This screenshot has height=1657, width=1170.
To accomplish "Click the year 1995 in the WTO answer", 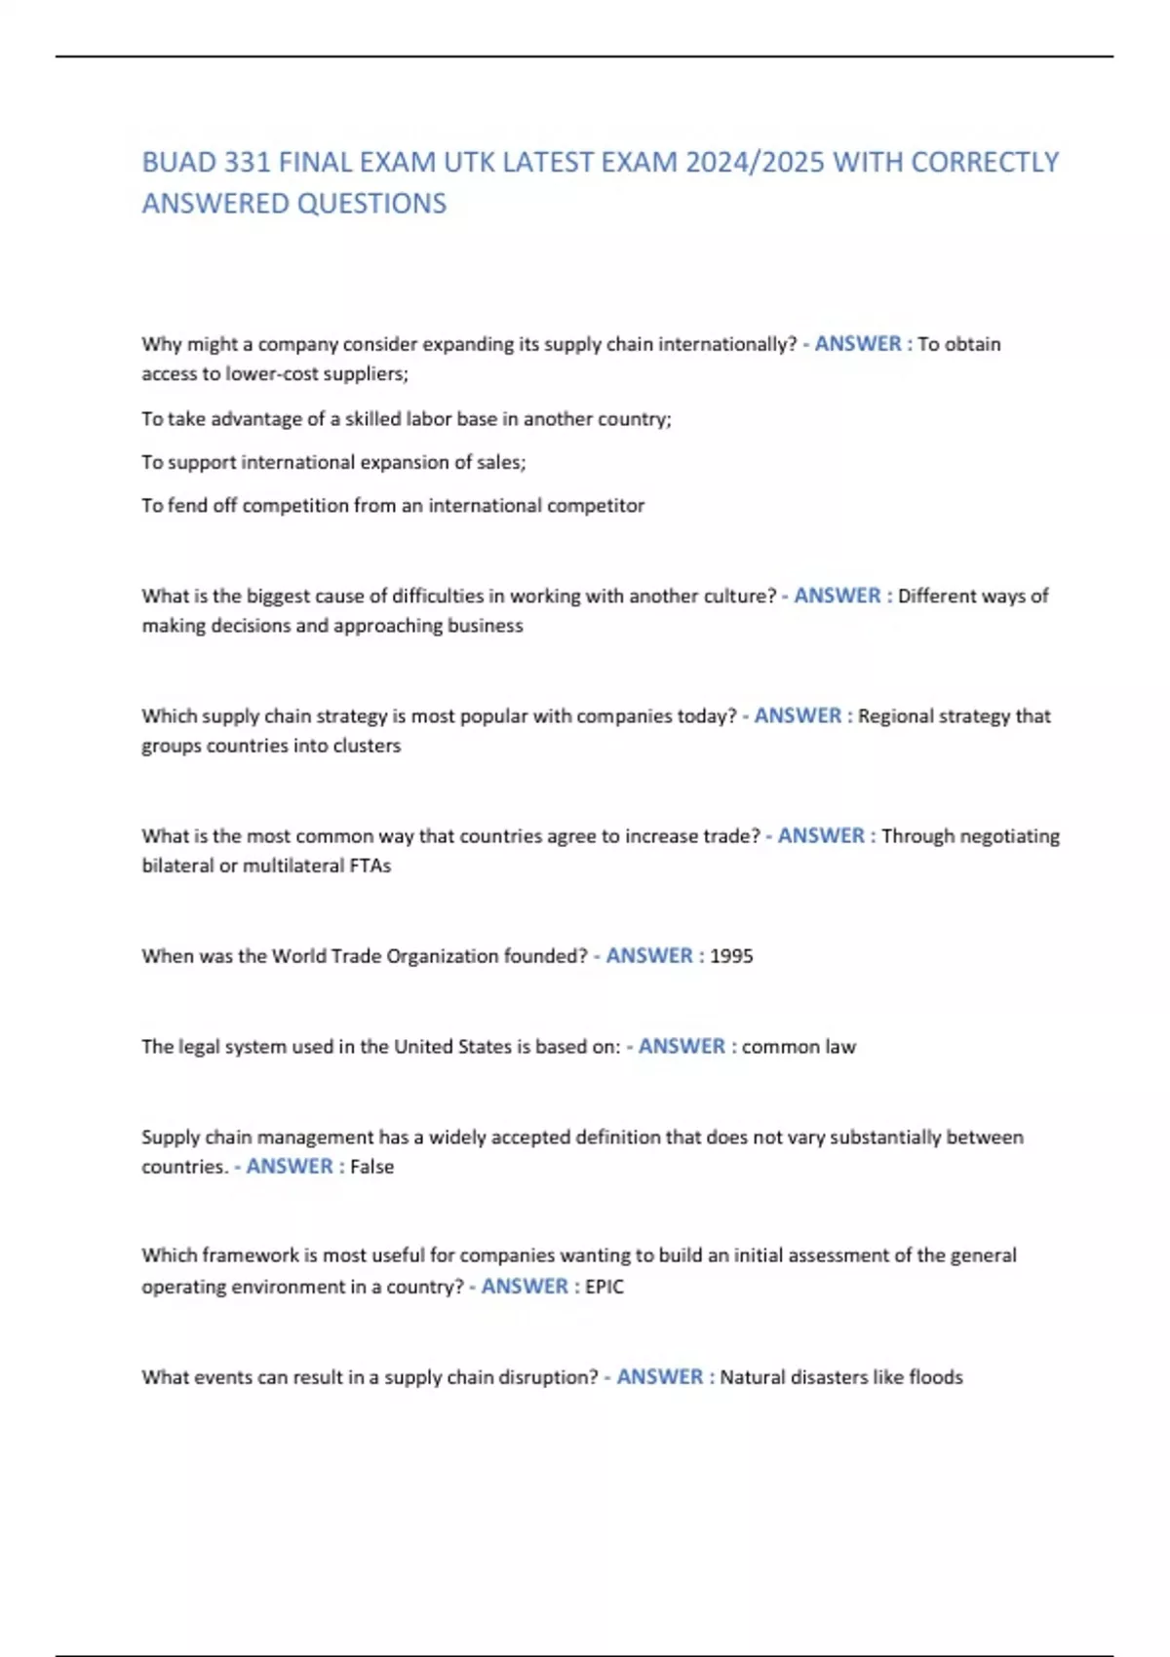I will click(731, 956).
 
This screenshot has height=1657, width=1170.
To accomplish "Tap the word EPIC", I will click(604, 1287).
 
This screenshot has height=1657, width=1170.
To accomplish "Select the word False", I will click(372, 1167).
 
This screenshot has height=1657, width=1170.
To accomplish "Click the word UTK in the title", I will click(469, 162).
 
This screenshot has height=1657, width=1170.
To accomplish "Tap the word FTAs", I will click(370, 866).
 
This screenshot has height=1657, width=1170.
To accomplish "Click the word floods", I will click(936, 1377).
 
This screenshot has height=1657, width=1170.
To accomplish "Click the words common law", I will click(799, 1047).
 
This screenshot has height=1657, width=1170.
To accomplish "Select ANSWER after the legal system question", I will click(682, 1047).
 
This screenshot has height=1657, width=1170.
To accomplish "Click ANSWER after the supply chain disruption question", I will click(660, 1377).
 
